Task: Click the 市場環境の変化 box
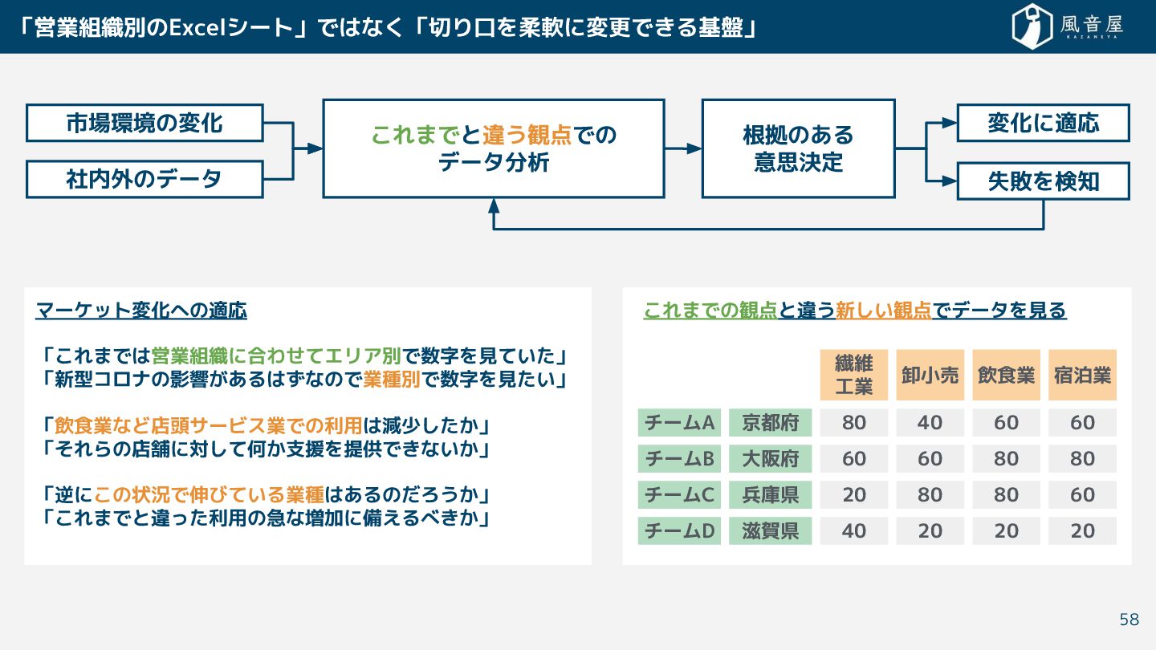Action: click(144, 124)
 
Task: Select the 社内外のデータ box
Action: click(144, 179)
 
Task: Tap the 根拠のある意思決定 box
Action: click(798, 148)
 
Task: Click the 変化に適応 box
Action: click(1043, 124)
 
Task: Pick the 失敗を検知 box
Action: click(1043, 181)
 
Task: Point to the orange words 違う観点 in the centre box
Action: click(527, 135)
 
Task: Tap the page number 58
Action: click(1129, 620)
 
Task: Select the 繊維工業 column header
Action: click(853, 375)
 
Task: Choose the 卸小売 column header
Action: click(930, 375)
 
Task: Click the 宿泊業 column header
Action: click(1082, 375)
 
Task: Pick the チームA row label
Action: click(679, 422)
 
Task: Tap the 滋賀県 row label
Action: click(770, 530)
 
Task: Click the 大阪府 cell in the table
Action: click(770, 458)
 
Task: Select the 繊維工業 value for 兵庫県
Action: click(853, 494)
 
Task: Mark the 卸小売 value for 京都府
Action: click(930, 422)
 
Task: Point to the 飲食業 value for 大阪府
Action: click(1006, 458)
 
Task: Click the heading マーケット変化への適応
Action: click(141, 310)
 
